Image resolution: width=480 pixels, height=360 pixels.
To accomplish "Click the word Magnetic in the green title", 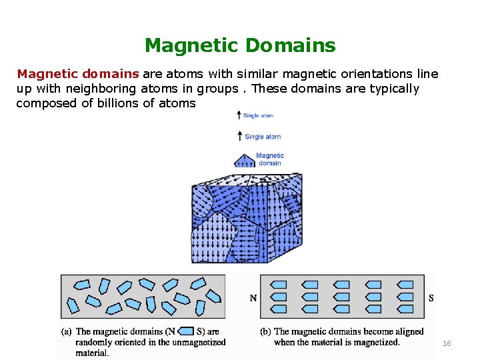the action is [x=192, y=45].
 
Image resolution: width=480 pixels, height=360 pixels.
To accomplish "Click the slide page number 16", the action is [x=447, y=343].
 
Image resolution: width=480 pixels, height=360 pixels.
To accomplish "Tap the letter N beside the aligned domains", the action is [x=253, y=298].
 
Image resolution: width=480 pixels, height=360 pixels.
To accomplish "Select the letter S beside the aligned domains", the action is [x=431, y=298].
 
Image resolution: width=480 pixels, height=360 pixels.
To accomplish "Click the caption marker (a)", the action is [x=67, y=331].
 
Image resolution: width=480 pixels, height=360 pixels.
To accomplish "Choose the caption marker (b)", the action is [x=266, y=331].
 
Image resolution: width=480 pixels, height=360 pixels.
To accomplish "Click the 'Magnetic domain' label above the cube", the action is [x=270, y=159].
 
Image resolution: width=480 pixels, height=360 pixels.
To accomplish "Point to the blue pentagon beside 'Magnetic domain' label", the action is [x=244, y=161].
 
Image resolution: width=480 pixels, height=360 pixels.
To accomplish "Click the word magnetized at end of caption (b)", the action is [x=375, y=342].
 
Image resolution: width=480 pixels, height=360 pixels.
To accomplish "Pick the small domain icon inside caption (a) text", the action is [x=186, y=331].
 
